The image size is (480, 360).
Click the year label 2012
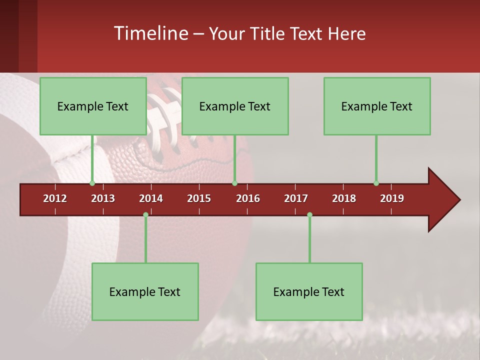[x=55, y=198]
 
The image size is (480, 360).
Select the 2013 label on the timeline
[x=103, y=198]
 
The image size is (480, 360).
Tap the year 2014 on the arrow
[x=151, y=198]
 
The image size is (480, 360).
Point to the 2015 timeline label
[x=199, y=198]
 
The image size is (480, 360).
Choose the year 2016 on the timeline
[x=248, y=198]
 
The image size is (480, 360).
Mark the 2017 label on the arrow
[x=296, y=198]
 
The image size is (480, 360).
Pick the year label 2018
[x=344, y=198]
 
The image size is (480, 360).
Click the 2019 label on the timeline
[x=392, y=198]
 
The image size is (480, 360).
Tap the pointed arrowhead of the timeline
[x=444, y=200]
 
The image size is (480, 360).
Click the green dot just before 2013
[x=92, y=183]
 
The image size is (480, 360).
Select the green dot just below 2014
[x=145, y=214]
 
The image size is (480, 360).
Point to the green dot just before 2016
[x=234, y=183]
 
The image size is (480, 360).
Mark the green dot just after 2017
[x=309, y=214]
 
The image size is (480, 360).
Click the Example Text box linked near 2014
[x=145, y=291]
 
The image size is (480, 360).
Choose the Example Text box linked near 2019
[x=377, y=106]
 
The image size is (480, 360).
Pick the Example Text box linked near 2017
[x=309, y=291]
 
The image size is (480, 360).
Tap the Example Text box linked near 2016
[x=235, y=106]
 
